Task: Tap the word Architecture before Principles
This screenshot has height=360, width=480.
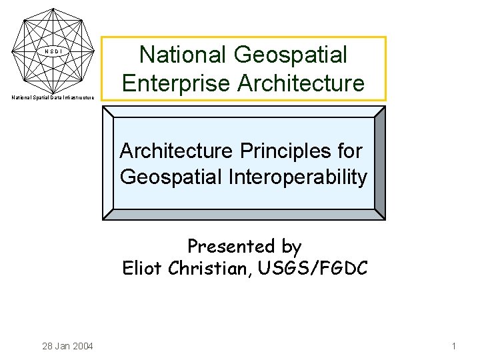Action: point(175,151)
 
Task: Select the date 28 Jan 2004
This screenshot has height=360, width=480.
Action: point(67,346)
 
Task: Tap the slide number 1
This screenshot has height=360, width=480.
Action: point(453,346)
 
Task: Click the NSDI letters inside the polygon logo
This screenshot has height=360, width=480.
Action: point(53,51)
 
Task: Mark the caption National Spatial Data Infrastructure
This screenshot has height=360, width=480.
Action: point(53,98)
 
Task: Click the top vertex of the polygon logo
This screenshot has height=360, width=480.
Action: point(53,9)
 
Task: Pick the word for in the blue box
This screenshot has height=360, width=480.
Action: point(350,151)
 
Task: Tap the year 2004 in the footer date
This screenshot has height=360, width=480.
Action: point(82,346)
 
